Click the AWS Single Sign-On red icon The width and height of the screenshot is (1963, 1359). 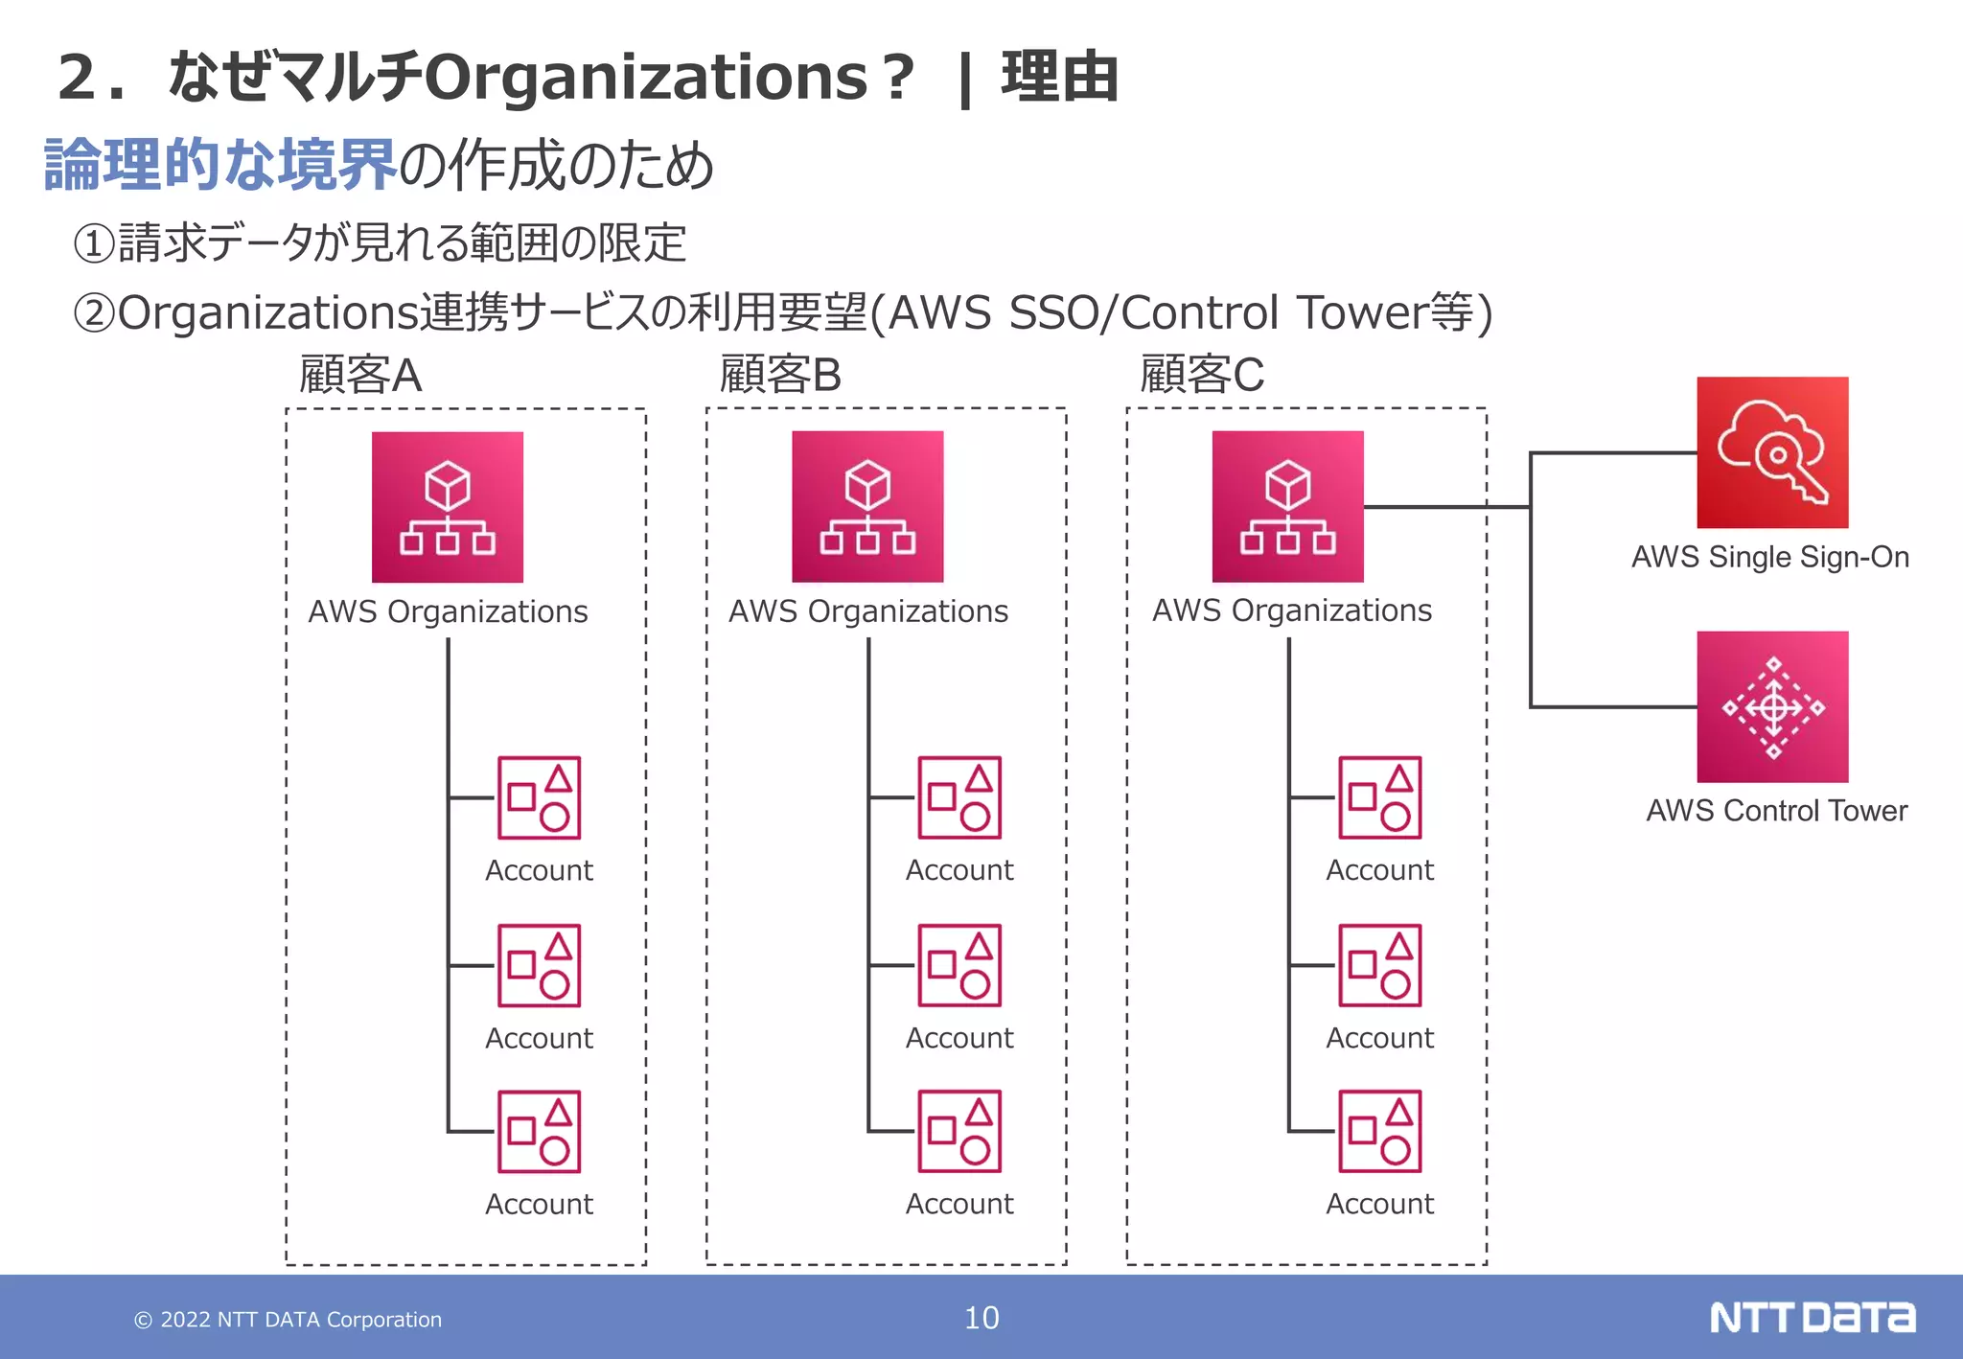pos(1771,451)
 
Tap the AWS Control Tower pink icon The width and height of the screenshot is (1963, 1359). pos(1771,706)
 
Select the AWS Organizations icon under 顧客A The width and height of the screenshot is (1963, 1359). pos(448,507)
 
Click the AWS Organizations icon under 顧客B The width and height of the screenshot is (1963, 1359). pos(867,506)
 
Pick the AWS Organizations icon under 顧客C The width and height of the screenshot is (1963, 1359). pos(1287,506)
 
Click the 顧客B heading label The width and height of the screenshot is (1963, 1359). pos(780,375)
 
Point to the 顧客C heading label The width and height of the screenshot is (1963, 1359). pos(1201,375)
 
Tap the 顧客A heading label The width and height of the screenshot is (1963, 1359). pos(360,375)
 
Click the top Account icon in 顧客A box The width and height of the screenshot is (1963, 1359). pos(539,797)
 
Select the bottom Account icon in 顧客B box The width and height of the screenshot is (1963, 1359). pos(958,1131)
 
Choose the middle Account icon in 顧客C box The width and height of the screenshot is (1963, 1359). pos(1379,965)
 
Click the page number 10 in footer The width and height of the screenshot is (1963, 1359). pos(981,1318)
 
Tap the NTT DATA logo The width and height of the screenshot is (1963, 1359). pos(1812,1318)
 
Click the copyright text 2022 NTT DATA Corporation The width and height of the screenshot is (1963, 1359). pos(288,1320)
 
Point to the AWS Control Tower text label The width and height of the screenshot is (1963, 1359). pos(1776,811)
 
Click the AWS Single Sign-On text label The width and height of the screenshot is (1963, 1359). pos(1769,557)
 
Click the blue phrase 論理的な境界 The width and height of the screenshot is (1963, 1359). pos(220,165)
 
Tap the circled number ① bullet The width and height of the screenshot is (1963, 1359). pos(94,243)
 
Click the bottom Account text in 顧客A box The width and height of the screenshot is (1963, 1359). pos(539,1204)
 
